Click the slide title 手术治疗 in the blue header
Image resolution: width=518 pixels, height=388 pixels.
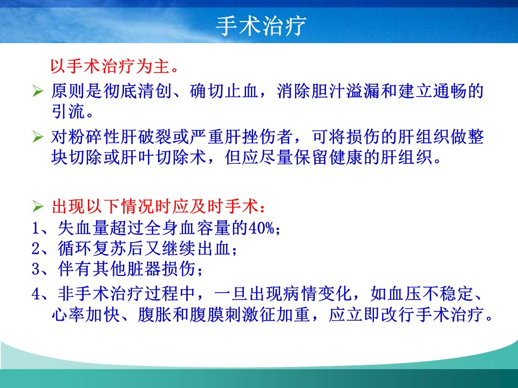click(x=261, y=26)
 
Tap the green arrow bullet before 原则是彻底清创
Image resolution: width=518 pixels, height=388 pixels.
click(x=38, y=91)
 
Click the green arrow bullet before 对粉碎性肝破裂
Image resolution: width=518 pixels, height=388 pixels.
click(x=38, y=136)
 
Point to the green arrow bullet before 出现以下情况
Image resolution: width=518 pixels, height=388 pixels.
click(x=38, y=206)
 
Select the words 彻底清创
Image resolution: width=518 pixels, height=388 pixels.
click(x=137, y=91)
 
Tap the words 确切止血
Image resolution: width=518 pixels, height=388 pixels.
click(x=224, y=91)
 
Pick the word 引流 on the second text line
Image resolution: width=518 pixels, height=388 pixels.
click(x=68, y=112)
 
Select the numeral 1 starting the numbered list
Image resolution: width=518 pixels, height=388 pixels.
click(x=36, y=227)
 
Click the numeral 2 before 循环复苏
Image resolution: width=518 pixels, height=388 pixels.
click(x=36, y=248)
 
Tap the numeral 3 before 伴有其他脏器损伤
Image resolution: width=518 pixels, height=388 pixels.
click(x=36, y=269)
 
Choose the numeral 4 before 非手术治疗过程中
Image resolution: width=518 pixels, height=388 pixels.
click(x=36, y=294)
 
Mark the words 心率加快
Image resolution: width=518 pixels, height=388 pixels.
click(x=85, y=314)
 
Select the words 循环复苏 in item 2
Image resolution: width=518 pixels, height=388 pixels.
click(x=92, y=248)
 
